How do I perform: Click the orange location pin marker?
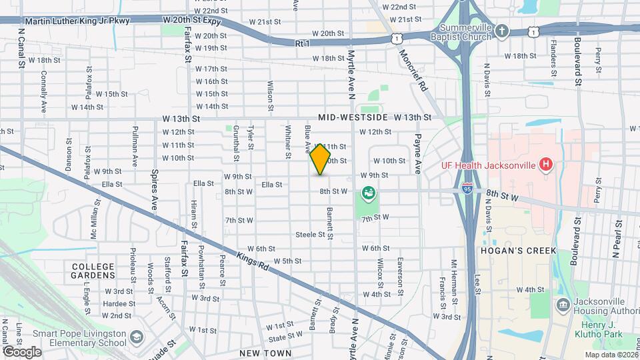pyautogui.click(x=320, y=159)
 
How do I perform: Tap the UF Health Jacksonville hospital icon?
pyautogui.click(x=546, y=164)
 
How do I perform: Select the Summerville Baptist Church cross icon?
pyautogui.click(x=503, y=31)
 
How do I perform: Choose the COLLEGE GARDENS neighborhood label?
pyautogui.click(x=93, y=270)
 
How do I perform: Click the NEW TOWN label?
pyautogui.click(x=265, y=353)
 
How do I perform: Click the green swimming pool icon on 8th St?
pyautogui.click(x=367, y=193)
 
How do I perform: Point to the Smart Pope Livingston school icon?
pyautogui.click(x=137, y=336)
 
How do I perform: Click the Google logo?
pyautogui.click(x=21, y=351)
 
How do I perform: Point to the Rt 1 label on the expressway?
pyautogui.click(x=302, y=43)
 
